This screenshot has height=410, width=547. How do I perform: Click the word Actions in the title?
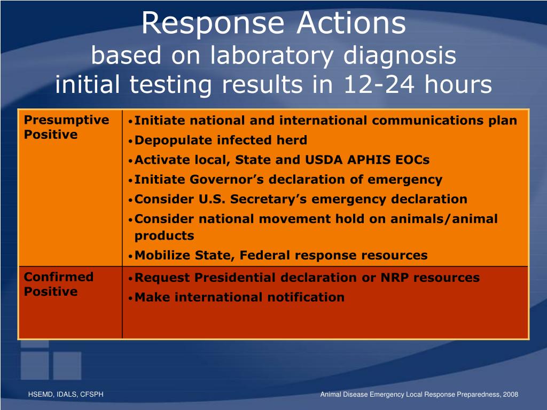click(x=351, y=23)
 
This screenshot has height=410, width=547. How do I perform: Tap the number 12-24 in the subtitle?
click(x=379, y=84)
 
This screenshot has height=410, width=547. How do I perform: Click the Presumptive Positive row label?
click(x=66, y=127)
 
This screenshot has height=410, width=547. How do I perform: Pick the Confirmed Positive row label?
click(x=59, y=284)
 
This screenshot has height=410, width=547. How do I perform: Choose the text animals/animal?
click(x=444, y=219)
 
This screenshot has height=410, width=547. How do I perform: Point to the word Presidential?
click(x=235, y=278)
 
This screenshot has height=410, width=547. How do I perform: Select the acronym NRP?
click(x=395, y=278)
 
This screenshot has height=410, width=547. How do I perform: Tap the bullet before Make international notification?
click(x=130, y=298)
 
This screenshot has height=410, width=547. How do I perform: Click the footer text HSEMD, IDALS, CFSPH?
click(x=66, y=395)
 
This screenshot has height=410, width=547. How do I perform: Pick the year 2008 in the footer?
click(x=510, y=395)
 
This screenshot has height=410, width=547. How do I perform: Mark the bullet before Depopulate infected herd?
click(x=130, y=141)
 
